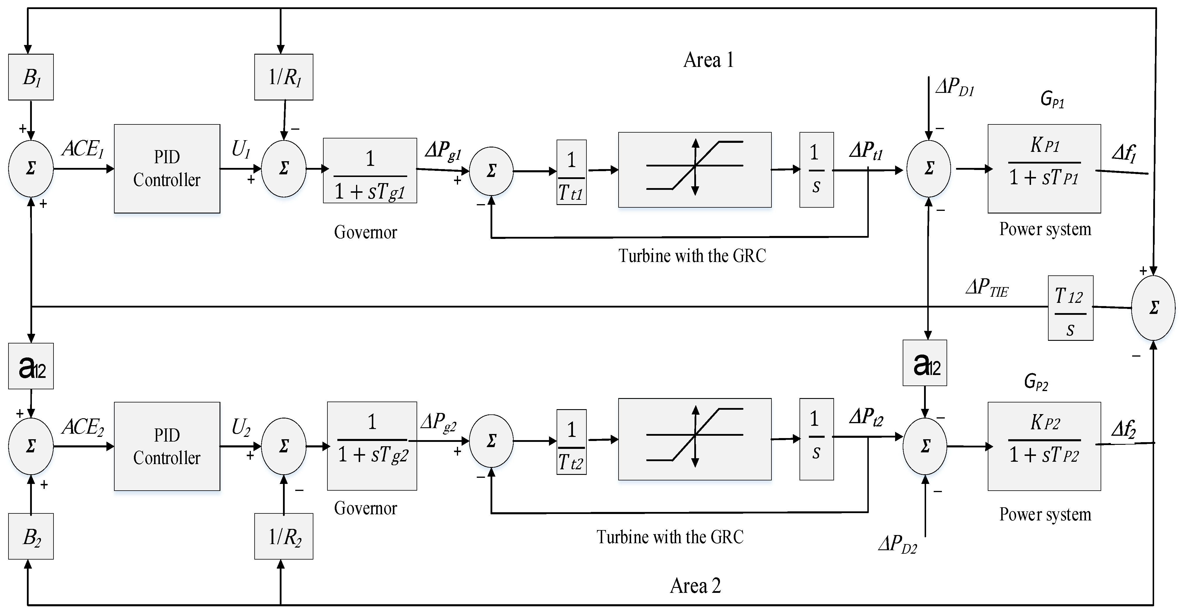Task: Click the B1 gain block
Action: tap(31, 77)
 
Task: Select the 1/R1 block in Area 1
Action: tap(284, 77)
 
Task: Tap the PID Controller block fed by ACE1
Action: tap(167, 169)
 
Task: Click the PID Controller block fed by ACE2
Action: tap(167, 446)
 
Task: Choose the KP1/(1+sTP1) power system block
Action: tap(1044, 169)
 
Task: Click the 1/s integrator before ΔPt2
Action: tap(816, 439)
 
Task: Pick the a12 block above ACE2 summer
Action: tap(31, 366)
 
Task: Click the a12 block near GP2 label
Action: tap(924, 363)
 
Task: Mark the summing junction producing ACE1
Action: tap(31, 168)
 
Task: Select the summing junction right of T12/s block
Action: tap(1153, 308)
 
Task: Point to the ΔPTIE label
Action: tap(987, 288)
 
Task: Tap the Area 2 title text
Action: tap(695, 586)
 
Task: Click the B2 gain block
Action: tap(31, 536)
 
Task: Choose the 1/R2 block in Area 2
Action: tap(284, 536)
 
